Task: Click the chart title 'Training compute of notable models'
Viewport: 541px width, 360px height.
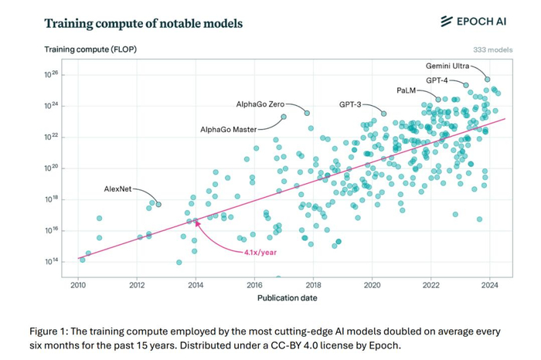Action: point(143,23)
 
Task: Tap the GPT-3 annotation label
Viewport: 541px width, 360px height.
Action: point(352,104)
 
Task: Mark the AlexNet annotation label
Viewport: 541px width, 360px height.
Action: point(119,188)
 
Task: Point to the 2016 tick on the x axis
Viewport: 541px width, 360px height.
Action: point(254,285)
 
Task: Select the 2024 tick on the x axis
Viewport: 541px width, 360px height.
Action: point(490,285)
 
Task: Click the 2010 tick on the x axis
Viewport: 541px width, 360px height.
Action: point(78,285)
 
